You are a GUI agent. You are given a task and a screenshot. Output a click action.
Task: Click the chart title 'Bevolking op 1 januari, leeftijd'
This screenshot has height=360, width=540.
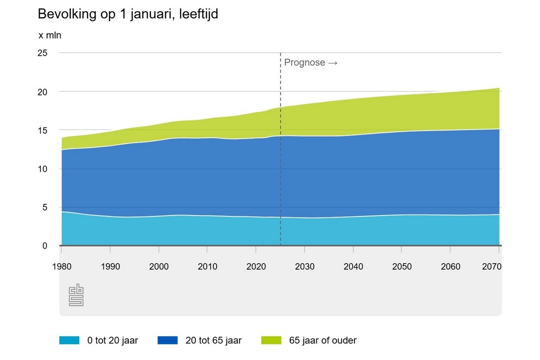128,14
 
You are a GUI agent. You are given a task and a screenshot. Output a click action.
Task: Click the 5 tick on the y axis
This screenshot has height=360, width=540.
44,207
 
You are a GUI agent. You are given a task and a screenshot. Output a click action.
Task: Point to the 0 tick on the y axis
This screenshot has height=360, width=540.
44,246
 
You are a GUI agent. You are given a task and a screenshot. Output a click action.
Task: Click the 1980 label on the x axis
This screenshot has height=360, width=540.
62,266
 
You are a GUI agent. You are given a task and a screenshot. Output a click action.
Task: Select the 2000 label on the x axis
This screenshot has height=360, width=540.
159,266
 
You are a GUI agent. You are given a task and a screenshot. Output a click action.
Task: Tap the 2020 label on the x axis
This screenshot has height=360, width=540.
256,266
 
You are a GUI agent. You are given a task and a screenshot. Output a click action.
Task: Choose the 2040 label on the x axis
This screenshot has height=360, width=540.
353,266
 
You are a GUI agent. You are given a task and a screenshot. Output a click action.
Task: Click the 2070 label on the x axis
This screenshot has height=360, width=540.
491,266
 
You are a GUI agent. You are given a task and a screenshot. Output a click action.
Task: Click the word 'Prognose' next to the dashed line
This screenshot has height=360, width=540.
304,63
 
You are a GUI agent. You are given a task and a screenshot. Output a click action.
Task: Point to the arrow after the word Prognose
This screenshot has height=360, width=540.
333,63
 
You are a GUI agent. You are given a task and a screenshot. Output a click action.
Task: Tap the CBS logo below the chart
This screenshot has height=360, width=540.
76,295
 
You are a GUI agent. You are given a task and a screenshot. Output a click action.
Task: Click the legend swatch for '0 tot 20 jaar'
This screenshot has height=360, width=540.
69,341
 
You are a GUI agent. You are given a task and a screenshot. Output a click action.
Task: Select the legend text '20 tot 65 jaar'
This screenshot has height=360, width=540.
214,341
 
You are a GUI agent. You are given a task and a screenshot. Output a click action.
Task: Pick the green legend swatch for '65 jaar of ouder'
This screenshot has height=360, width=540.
271,341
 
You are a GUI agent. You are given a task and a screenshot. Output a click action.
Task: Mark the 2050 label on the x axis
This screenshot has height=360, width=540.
402,266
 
